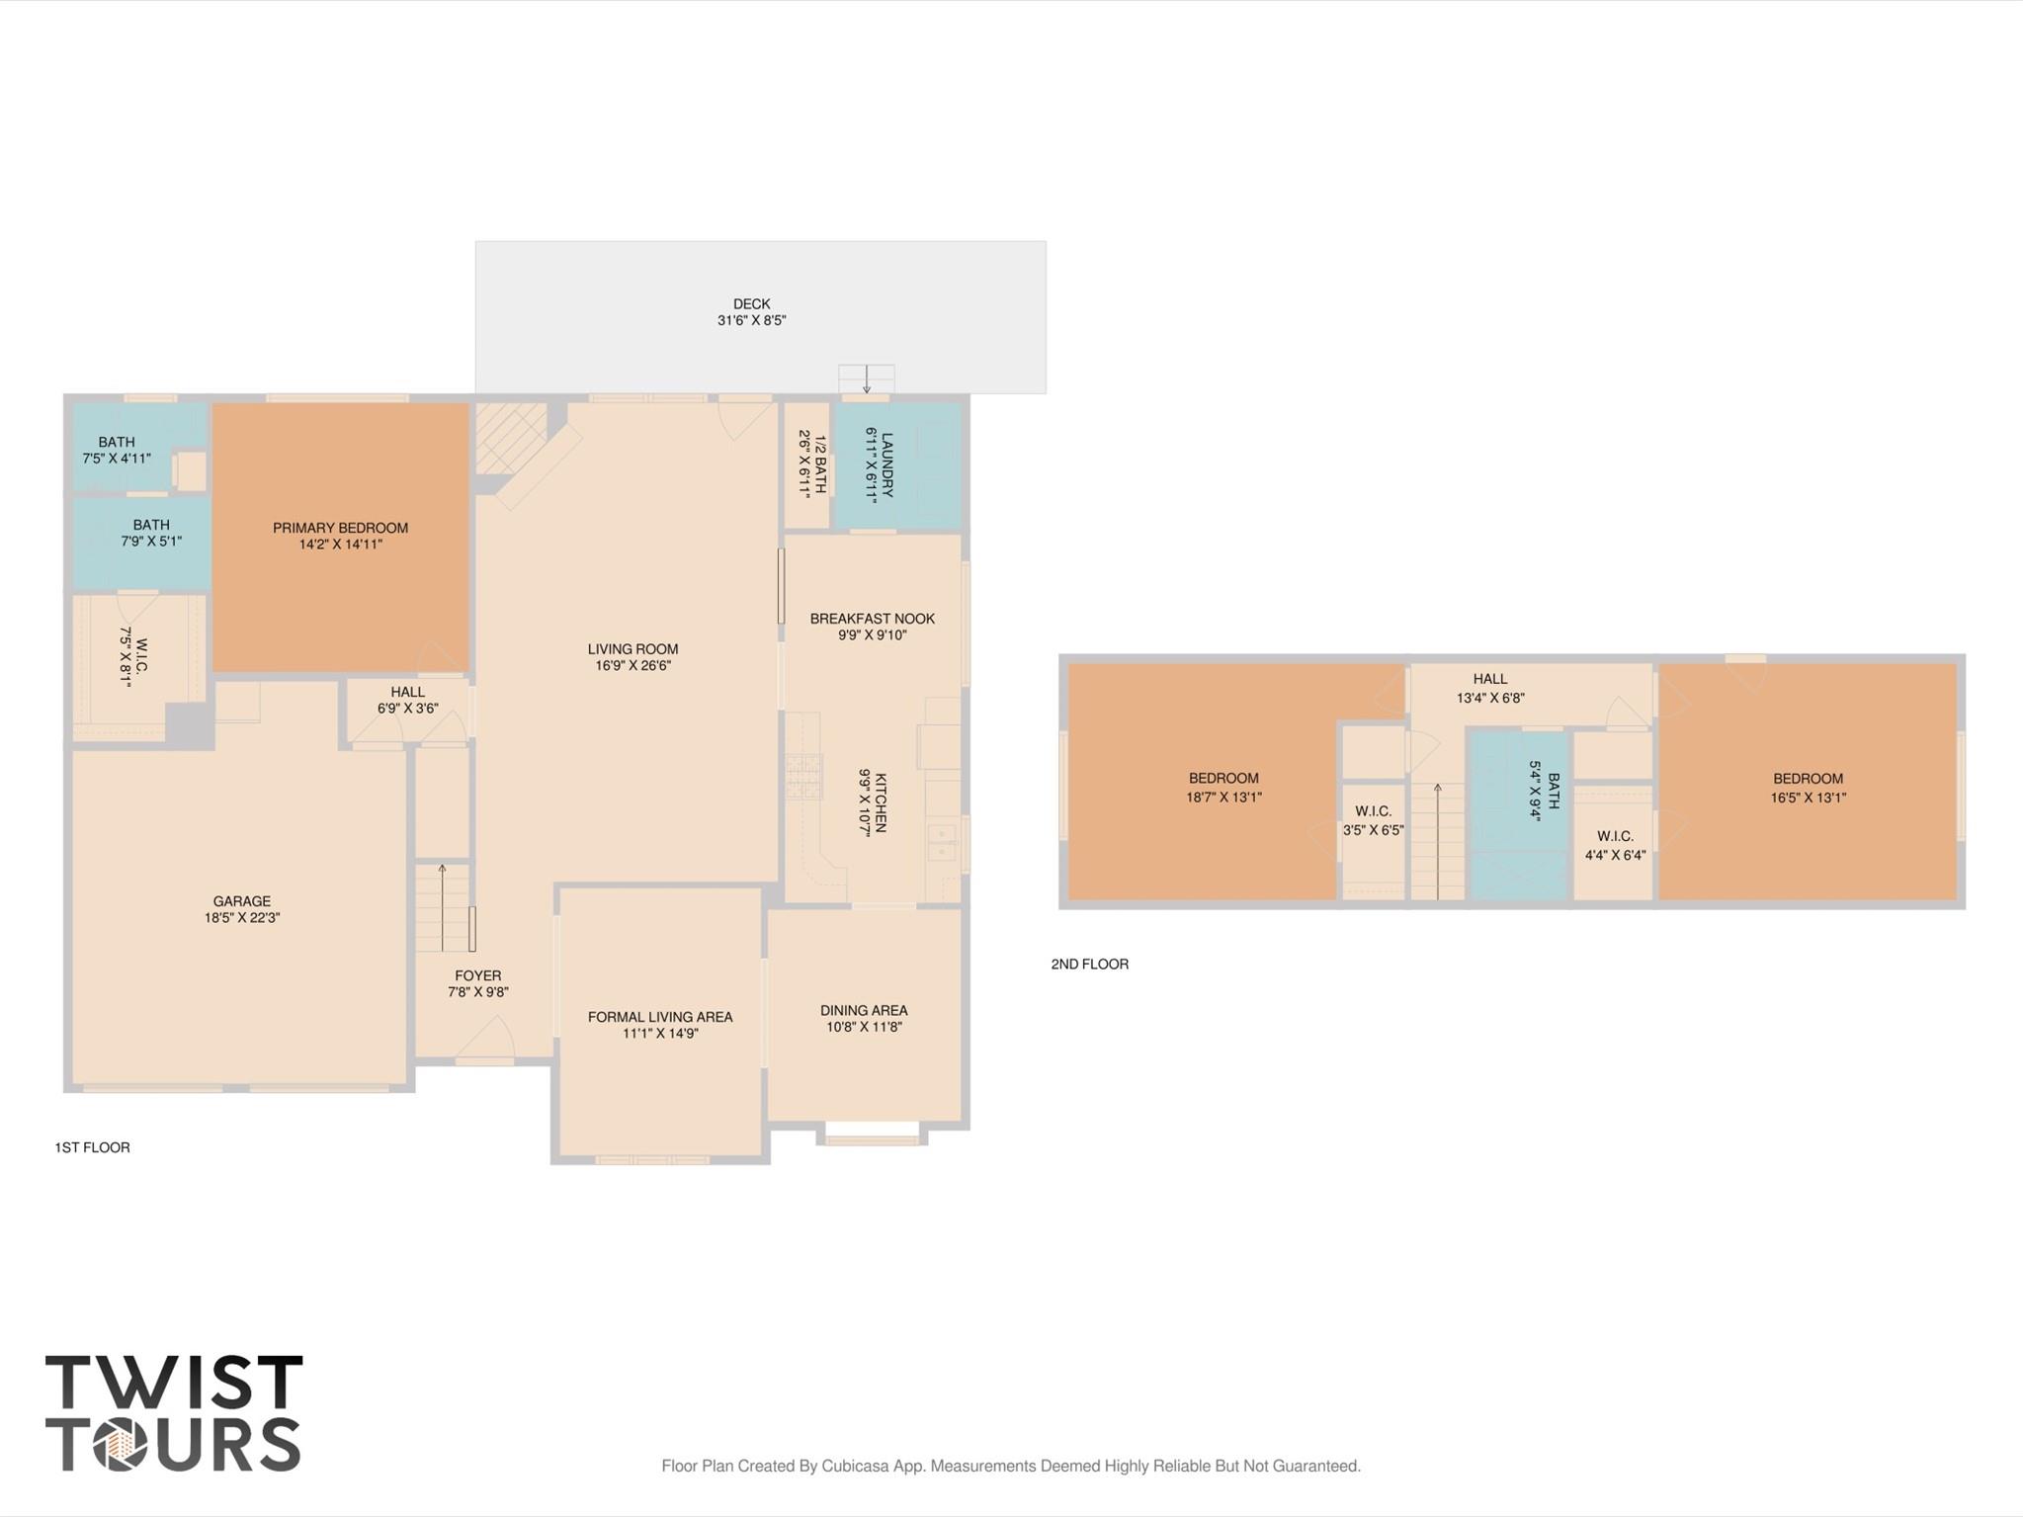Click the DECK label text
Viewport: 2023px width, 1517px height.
[751, 304]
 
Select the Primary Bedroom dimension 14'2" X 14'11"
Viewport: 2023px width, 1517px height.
[341, 545]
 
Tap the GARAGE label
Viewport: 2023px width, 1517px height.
[241, 901]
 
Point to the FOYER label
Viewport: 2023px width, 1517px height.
[477, 975]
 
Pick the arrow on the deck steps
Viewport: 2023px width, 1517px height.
[867, 379]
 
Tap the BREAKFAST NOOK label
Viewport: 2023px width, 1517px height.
[872, 619]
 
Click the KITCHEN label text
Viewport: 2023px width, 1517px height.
[880, 802]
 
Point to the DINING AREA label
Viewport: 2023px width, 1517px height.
[863, 1010]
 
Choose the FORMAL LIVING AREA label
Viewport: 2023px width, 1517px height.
[659, 1017]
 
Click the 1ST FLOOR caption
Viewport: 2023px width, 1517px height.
[92, 1147]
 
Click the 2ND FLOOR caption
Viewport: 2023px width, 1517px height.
[1089, 964]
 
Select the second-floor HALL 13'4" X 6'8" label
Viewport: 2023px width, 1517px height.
[1489, 688]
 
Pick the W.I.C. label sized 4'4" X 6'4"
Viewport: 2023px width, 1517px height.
[1615, 846]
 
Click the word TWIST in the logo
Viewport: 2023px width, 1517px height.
[174, 1383]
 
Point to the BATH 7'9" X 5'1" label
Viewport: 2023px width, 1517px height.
[151, 533]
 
